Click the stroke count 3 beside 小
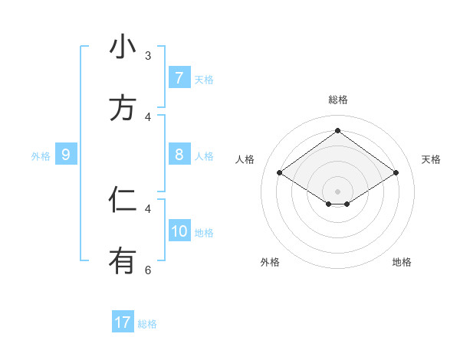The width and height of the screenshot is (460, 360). coord(148,56)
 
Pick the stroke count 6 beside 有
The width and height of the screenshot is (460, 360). coord(148,270)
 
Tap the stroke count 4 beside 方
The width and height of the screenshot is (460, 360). coord(148,116)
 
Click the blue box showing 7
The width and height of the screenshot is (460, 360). coord(179,78)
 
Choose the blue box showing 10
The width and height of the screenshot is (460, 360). coord(179,232)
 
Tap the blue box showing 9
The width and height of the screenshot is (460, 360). coord(65,155)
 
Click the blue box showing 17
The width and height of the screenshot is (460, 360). coord(122,322)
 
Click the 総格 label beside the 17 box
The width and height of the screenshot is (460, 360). coord(147,324)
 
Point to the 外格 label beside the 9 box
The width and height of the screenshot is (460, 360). coord(41,156)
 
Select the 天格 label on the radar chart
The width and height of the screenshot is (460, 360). coord(431,159)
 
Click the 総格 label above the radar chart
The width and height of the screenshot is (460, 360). coord(337,100)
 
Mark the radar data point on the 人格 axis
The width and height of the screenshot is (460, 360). coord(280,173)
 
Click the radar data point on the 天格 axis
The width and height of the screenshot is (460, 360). coord(396,173)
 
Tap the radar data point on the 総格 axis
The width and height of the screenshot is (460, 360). coord(337,131)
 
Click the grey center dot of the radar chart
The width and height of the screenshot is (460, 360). coord(337,191)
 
